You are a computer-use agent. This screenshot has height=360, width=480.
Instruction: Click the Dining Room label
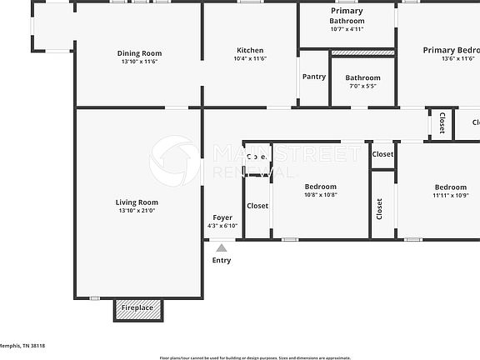click(139, 53)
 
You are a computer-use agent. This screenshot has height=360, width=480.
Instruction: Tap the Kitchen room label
click(250, 50)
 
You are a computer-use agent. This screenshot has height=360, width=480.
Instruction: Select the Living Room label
click(137, 202)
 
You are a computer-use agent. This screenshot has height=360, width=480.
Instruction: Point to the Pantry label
click(314, 77)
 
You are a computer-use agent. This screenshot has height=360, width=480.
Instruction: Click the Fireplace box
click(137, 308)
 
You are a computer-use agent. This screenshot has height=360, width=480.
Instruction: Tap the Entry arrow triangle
click(222, 247)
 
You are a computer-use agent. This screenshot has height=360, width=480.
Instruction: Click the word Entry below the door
click(222, 261)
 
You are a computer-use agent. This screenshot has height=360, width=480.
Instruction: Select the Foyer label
click(222, 217)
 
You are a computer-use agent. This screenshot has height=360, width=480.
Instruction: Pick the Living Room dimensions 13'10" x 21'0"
click(137, 211)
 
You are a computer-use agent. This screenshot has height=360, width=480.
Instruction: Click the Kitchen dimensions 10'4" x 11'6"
click(250, 58)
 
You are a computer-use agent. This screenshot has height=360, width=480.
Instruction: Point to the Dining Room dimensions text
click(139, 62)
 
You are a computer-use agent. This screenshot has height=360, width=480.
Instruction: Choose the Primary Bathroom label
click(347, 16)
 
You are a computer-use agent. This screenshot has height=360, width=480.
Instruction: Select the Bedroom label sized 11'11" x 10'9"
click(450, 187)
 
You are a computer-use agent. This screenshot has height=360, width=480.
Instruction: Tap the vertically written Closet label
click(379, 208)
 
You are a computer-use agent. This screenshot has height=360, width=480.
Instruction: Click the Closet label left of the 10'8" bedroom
click(257, 206)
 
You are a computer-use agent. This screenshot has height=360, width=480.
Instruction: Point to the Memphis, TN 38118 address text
click(22, 346)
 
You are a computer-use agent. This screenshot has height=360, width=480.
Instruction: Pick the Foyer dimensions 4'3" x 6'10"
click(222, 226)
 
